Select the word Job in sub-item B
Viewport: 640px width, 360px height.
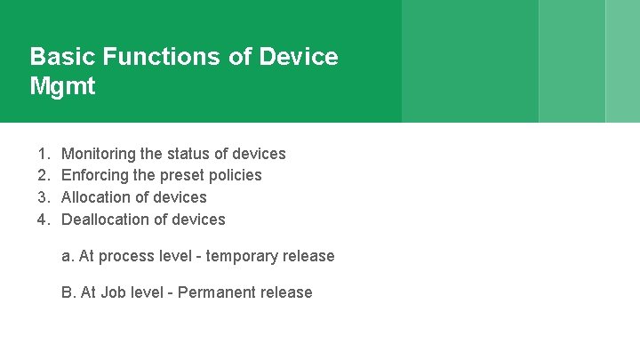(113, 292)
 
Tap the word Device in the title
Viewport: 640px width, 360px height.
(299, 57)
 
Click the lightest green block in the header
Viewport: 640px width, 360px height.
(622, 60)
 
